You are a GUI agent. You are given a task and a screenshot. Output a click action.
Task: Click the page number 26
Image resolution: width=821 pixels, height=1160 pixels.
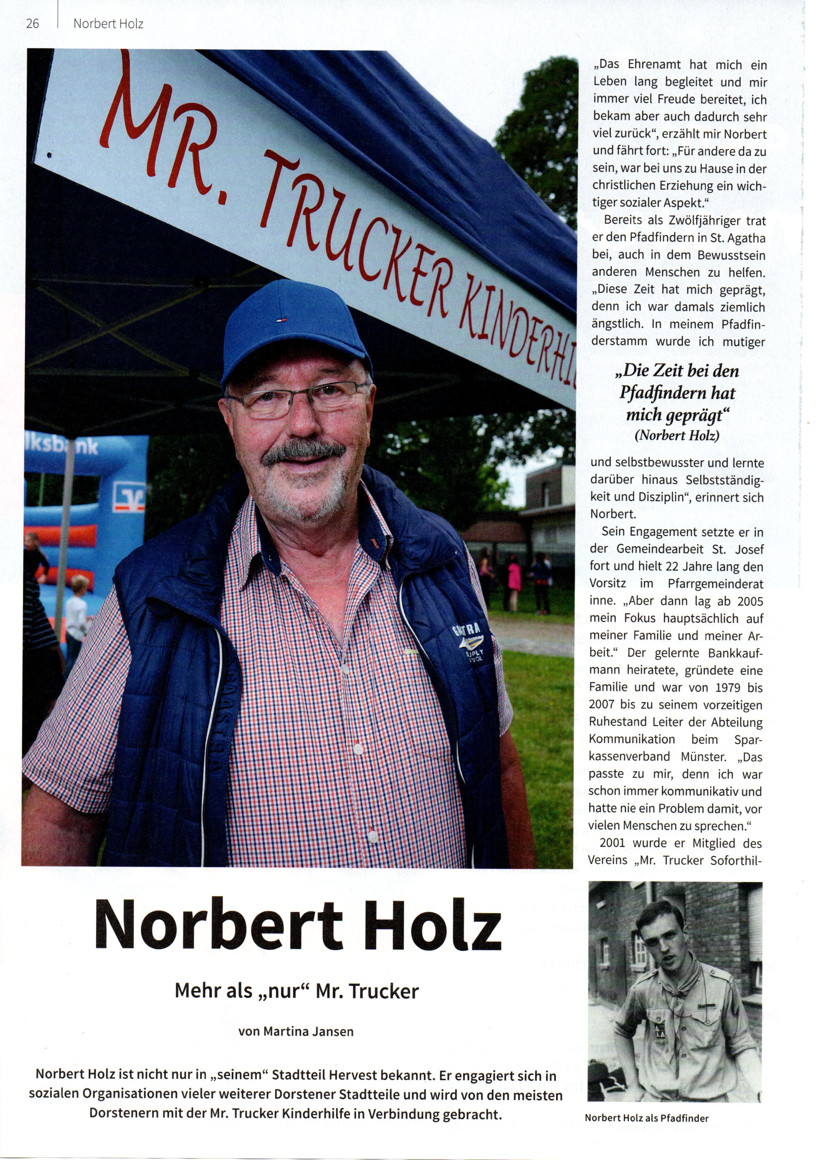[x=32, y=24]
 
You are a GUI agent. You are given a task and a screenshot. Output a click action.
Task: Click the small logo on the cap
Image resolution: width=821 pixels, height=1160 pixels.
[x=280, y=319]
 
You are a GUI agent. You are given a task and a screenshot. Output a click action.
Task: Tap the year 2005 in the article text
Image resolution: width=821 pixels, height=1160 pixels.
[x=750, y=602]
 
